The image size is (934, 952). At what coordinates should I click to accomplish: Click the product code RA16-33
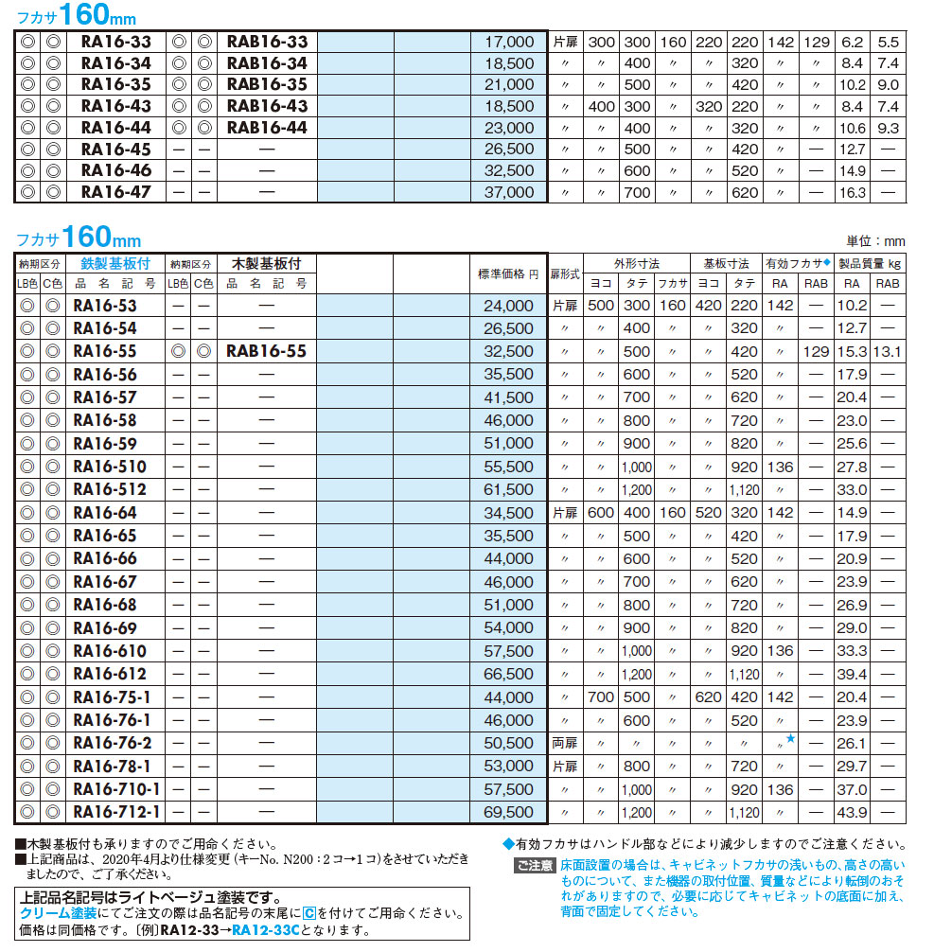click(x=115, y=42)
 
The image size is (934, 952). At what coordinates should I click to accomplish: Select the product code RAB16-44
click(x=268, y=127)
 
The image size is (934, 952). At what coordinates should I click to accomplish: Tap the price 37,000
click(x=509, y=192)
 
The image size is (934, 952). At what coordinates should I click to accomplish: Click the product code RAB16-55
click(x=267, y=351)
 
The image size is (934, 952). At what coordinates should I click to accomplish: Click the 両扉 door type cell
click(x=564, y=743)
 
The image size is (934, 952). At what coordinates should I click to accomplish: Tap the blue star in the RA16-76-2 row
click(x=791, y=737)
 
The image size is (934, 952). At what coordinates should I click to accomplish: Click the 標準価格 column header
click(x=508, y=273)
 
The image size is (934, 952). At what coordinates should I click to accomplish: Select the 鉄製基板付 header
click(x=116, y=264)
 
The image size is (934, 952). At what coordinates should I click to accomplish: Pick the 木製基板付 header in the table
click(x=267, y=264)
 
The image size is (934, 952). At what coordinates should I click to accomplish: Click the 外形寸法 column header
click(x=637, y=264)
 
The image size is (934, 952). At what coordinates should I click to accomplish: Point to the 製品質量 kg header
click(x=869, y=264)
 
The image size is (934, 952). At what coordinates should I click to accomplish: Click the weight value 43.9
click(x=852, y=812)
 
